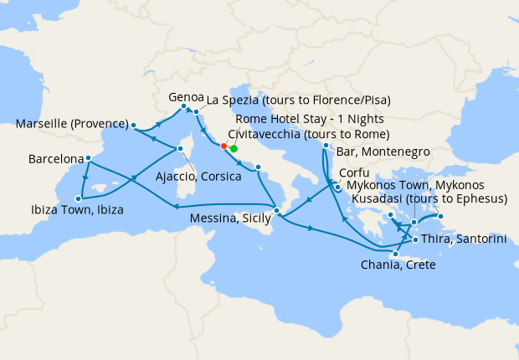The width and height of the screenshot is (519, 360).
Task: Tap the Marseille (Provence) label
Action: tap(72, 125)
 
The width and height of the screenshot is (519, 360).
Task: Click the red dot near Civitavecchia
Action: tap(224, 147)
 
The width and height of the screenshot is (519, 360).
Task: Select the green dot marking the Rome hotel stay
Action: tap(234, 148)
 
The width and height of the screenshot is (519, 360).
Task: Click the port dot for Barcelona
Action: tap(88, 157)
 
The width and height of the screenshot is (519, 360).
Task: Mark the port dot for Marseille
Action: tap(132, 126)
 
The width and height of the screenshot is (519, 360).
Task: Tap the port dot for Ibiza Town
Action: tap(78, 198)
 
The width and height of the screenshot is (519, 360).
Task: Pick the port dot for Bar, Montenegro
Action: tap(325, 147)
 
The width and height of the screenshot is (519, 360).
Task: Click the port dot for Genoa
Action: tap(182, 106)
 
